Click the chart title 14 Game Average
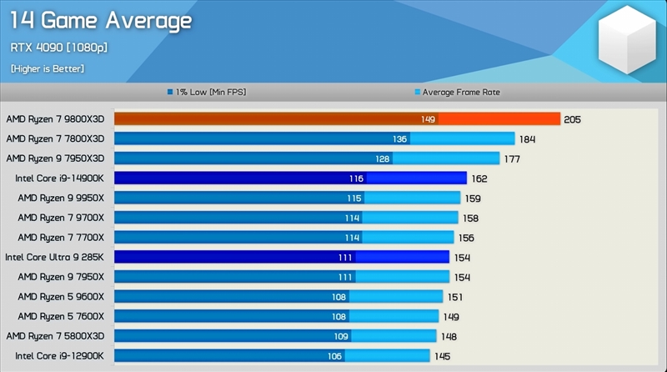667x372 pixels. coord(100,20)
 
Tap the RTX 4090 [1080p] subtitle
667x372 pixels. coord(59,48)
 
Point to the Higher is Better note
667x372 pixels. coord(48,68)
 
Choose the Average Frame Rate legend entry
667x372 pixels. coord(458,92)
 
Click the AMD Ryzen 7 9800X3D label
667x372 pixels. coord(55,119)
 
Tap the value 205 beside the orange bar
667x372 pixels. coord(572,119)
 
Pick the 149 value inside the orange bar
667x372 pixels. coord(428,119)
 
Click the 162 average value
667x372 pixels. coord(479,178)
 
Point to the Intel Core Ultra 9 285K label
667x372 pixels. coord(55,257)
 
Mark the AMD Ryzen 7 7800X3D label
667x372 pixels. coord(55,138)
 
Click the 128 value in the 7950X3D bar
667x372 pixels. coord(383,158)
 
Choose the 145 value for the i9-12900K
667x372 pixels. coord(442,355)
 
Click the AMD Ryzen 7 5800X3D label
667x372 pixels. coord(55,335)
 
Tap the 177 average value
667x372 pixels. coord(512,158)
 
